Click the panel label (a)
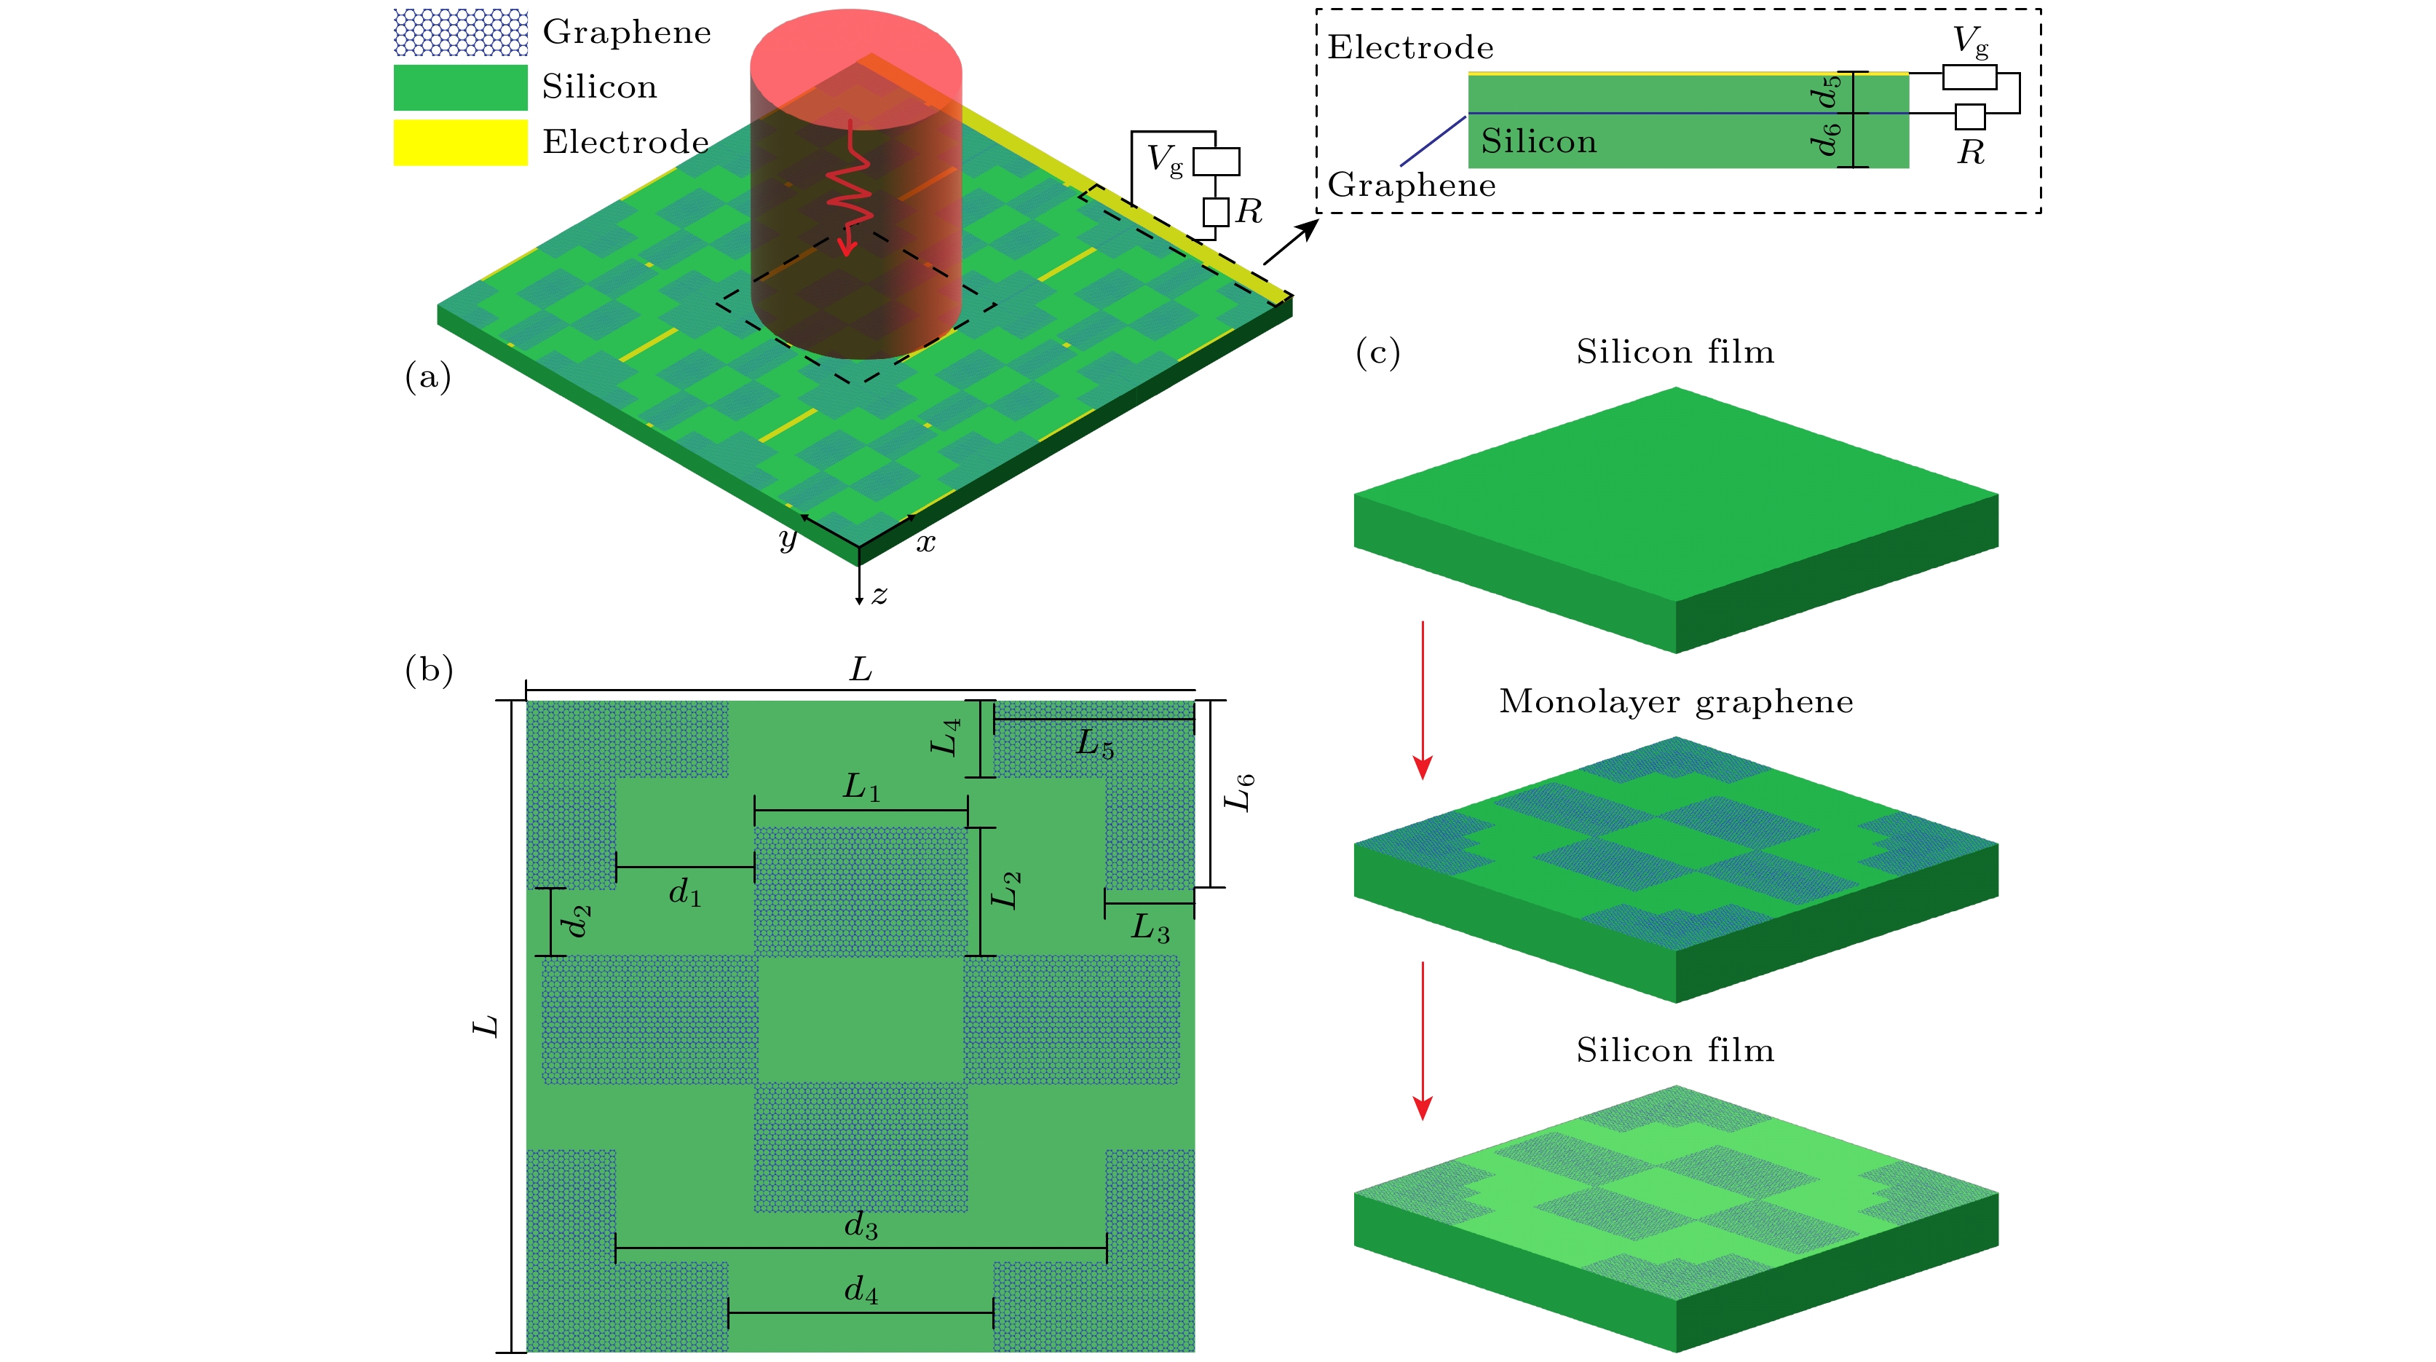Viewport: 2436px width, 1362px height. [427, 377]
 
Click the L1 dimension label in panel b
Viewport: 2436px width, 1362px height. [861, 787]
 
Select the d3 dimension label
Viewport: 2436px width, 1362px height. [861, 1227]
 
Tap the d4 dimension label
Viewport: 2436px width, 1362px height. [861, 1290]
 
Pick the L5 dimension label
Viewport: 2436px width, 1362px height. [1095, 744]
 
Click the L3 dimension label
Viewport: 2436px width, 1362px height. [1150, 929]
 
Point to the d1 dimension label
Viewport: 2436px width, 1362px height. [684, 892]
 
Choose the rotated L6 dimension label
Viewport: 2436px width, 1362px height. [1239, 792]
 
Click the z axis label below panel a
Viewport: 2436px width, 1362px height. [879, 595]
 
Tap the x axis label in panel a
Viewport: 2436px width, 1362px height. [926, 543]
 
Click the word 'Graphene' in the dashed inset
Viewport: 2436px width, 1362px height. [1411, 186]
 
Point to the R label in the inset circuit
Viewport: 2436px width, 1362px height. [1971, 152]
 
